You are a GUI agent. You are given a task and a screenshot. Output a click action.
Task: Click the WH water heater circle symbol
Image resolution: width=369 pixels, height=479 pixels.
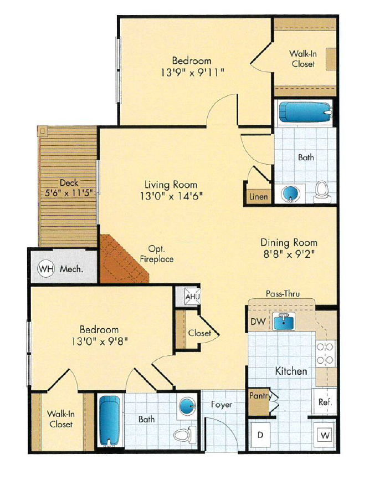(x=46, y=269)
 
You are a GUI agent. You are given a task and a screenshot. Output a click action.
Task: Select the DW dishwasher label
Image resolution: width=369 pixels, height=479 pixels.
(x=257, y=321)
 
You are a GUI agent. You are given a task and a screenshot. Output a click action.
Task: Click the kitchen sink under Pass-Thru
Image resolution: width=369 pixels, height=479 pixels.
(x=286, y=320)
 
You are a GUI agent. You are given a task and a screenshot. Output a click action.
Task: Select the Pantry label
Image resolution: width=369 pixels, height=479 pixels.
(x=259, y=396)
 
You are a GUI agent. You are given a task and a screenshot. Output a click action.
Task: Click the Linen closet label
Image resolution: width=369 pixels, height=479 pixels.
(x=258, y=196)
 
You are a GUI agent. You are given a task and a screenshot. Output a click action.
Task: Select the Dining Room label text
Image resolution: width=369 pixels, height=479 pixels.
(x=289, y=242)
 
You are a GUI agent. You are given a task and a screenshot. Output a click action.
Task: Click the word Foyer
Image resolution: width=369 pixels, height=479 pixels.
(x=221, y=405)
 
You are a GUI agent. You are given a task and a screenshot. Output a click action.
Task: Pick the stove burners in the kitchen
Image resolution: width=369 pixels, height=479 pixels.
(x=326, y=354)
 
